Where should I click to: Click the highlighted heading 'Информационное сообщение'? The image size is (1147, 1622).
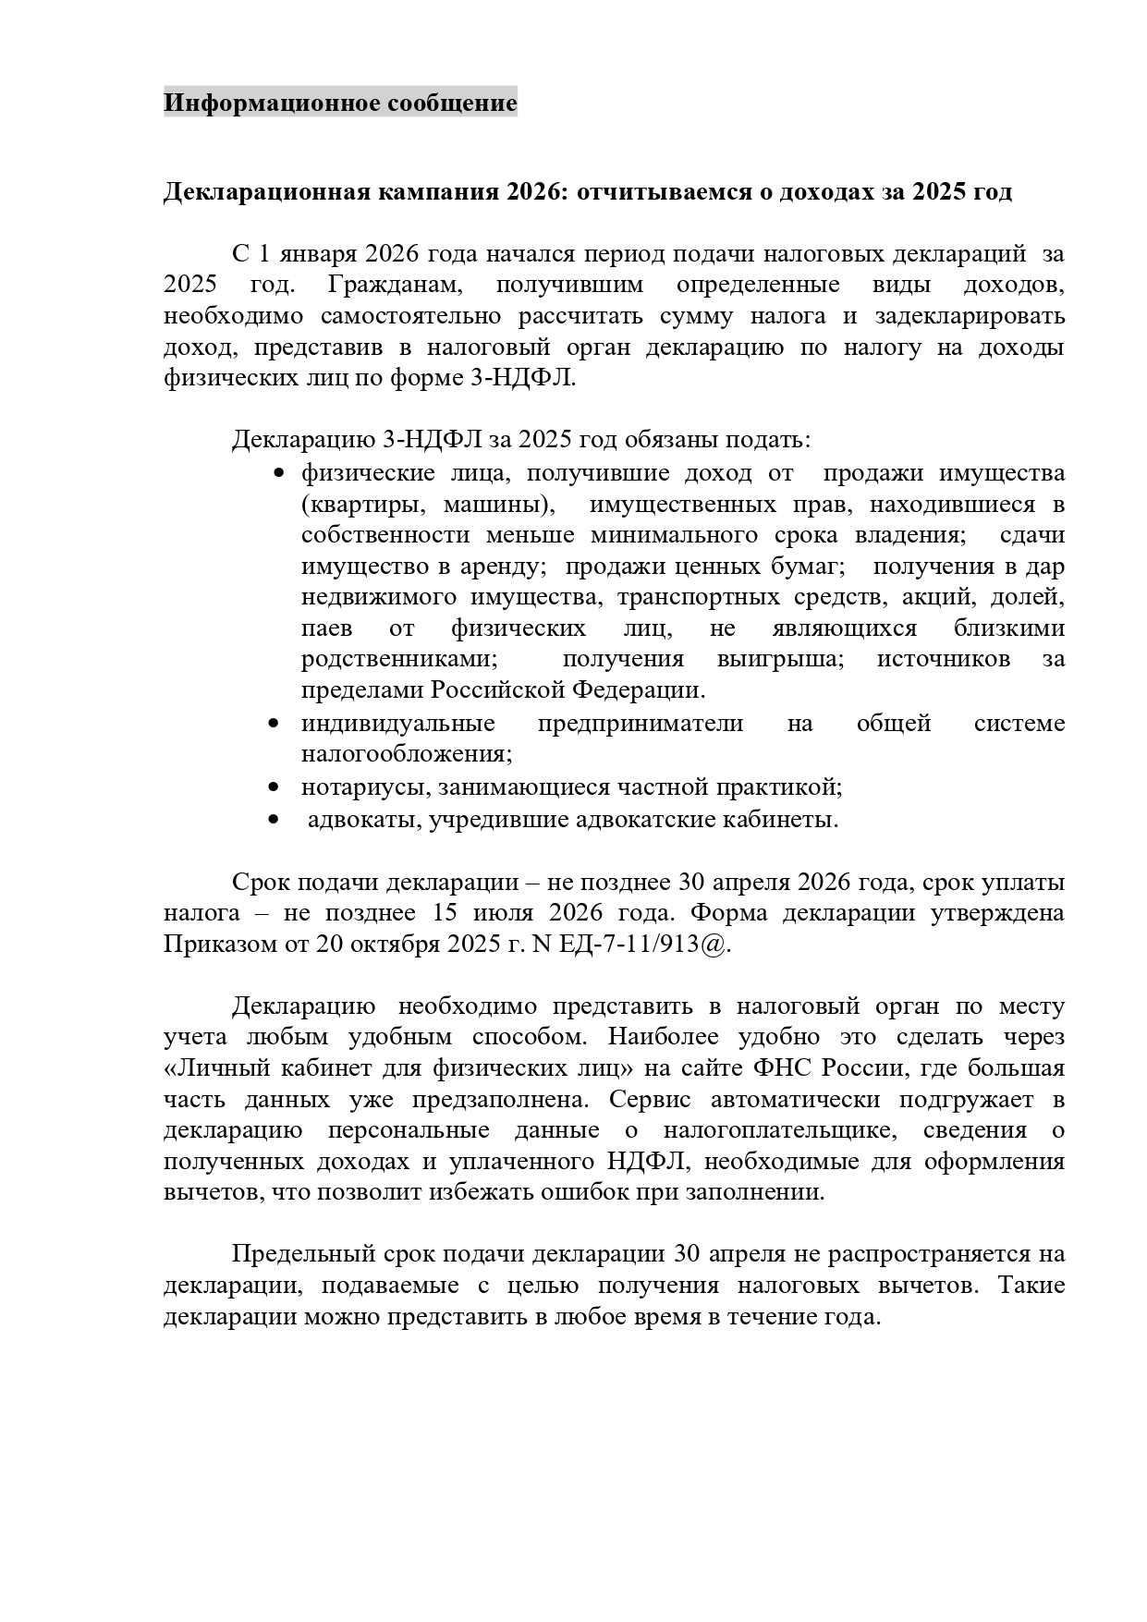tap(340, 103)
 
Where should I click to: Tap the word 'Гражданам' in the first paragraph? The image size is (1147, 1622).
tap(394, 285)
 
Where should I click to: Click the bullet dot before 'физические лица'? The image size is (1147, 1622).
tap(280, 474)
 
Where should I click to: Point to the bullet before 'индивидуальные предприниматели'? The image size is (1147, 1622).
tap(273, 723)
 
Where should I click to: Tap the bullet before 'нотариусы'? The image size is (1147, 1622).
tap(273, 787)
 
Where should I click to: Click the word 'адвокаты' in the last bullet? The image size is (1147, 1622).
tap(363, 820)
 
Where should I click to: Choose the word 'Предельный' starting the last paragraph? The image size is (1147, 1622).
tap(301, 1254)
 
